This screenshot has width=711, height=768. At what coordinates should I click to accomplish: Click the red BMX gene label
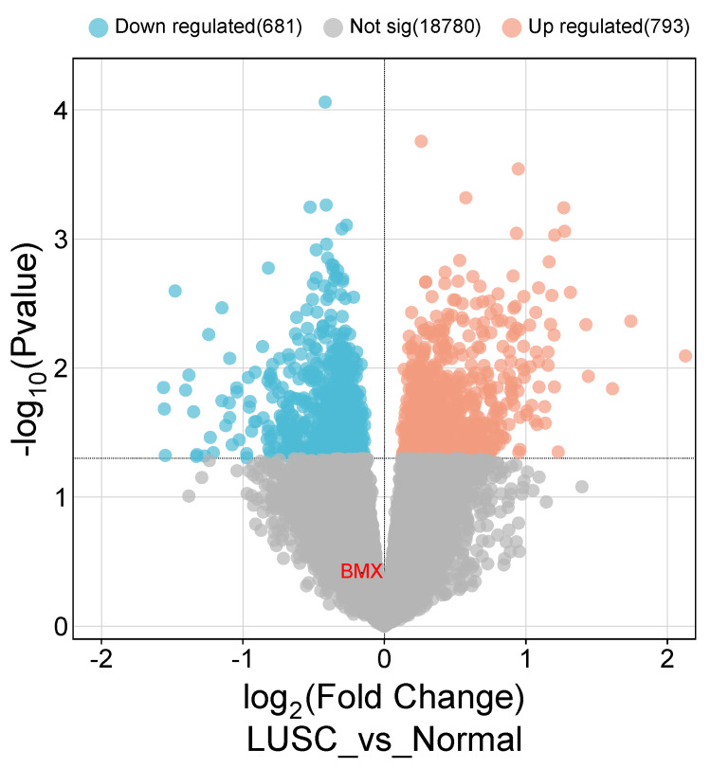point(361,571)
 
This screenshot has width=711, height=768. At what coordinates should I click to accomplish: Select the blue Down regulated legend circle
point(97,26)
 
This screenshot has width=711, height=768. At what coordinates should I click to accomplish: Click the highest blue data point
point(325,102)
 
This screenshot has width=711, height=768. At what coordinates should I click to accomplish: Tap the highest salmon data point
point(422,141)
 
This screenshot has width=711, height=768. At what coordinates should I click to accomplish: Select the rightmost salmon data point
point(685,356)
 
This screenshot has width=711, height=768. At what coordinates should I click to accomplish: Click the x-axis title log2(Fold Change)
point(385,700)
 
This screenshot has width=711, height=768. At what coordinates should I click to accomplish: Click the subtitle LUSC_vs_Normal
point(385,740)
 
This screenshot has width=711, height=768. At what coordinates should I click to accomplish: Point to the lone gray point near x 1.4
point(582,487)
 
